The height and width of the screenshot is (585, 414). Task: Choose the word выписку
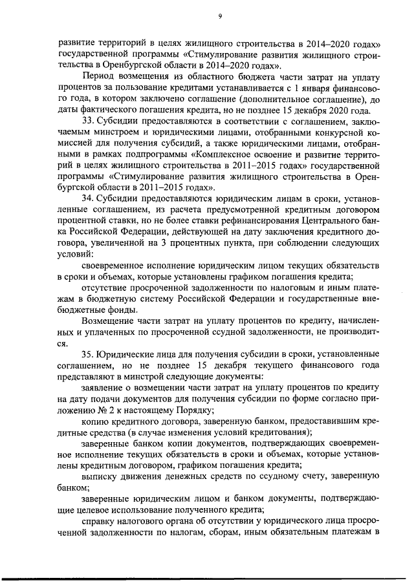[103, 476]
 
